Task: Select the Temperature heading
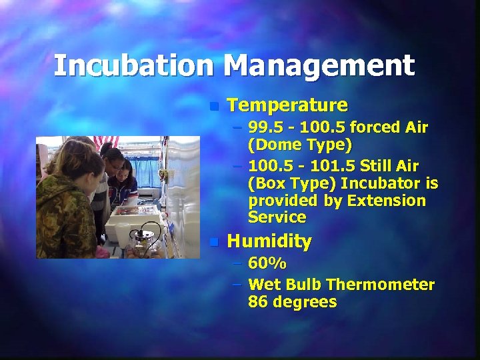tap(287, 105)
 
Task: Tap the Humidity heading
tap(269, 241)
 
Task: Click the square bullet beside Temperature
tap(213, 106)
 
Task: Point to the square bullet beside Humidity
tap(213, 242)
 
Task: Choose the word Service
tap(277, 217)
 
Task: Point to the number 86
tap(257, 302)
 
